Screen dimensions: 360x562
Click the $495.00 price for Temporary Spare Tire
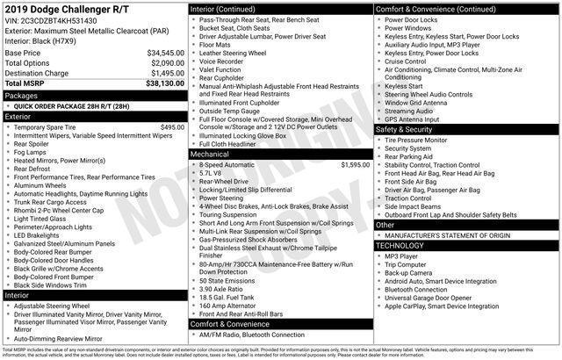point(171,126)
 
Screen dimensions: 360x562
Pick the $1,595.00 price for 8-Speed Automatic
point(355,164)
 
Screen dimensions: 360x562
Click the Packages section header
point(21,95)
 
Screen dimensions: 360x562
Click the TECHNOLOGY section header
point(400,245)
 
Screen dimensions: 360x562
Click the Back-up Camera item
point(408,272)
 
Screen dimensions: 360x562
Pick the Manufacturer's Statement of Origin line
point(444,235)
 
